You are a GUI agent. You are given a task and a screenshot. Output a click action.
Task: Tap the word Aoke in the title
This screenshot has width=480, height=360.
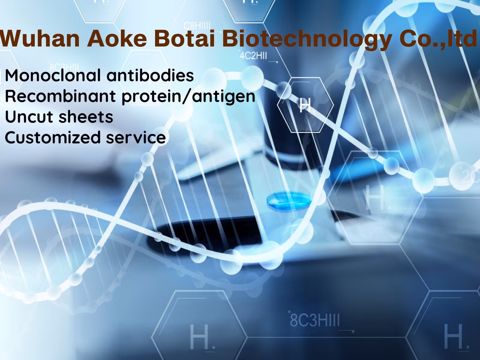117,39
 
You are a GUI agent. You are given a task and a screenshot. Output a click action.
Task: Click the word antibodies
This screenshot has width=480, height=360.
150,75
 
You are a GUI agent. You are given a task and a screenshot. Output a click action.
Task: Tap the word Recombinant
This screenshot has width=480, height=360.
60,96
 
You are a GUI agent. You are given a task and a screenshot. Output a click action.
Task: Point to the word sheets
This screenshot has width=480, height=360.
86,117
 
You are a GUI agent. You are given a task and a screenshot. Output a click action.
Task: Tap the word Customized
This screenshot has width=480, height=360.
53,137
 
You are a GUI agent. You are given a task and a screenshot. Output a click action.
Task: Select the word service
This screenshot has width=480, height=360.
136,138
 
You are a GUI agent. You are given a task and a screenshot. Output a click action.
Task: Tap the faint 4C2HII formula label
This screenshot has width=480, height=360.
253,56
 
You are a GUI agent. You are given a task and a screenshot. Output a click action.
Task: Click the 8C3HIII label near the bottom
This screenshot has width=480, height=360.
315,320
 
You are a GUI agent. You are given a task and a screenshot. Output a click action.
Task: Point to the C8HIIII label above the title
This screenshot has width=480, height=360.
197,26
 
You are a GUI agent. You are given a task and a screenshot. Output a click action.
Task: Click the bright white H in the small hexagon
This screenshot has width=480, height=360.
305,105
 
